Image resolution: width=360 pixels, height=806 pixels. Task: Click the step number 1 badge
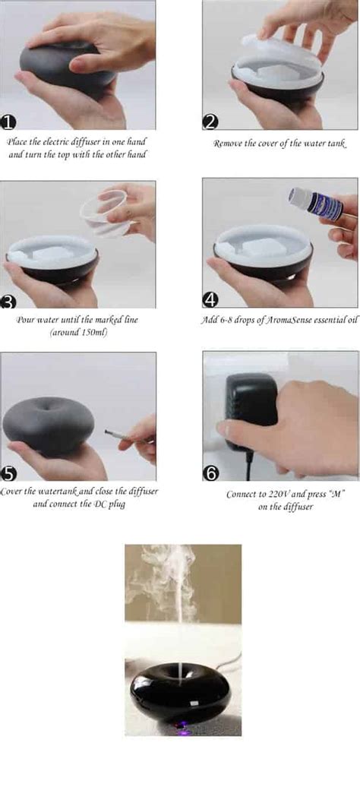point(8,122)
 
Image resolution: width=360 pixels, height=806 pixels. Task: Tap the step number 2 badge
point(210,122)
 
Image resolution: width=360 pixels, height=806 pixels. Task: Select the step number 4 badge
point(211,299)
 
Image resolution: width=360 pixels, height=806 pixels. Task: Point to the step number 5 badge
point(9,474)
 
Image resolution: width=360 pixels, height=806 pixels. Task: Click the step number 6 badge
point(211,473)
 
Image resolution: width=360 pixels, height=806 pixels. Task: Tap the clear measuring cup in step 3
point(106,212)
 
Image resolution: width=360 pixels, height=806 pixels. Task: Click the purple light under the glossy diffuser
point(180,724)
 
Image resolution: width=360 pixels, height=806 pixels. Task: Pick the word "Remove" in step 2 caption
point(227,144)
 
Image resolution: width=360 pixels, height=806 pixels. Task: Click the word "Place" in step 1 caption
point(16,141)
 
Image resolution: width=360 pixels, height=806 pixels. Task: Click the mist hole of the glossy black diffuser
point(181,670)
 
